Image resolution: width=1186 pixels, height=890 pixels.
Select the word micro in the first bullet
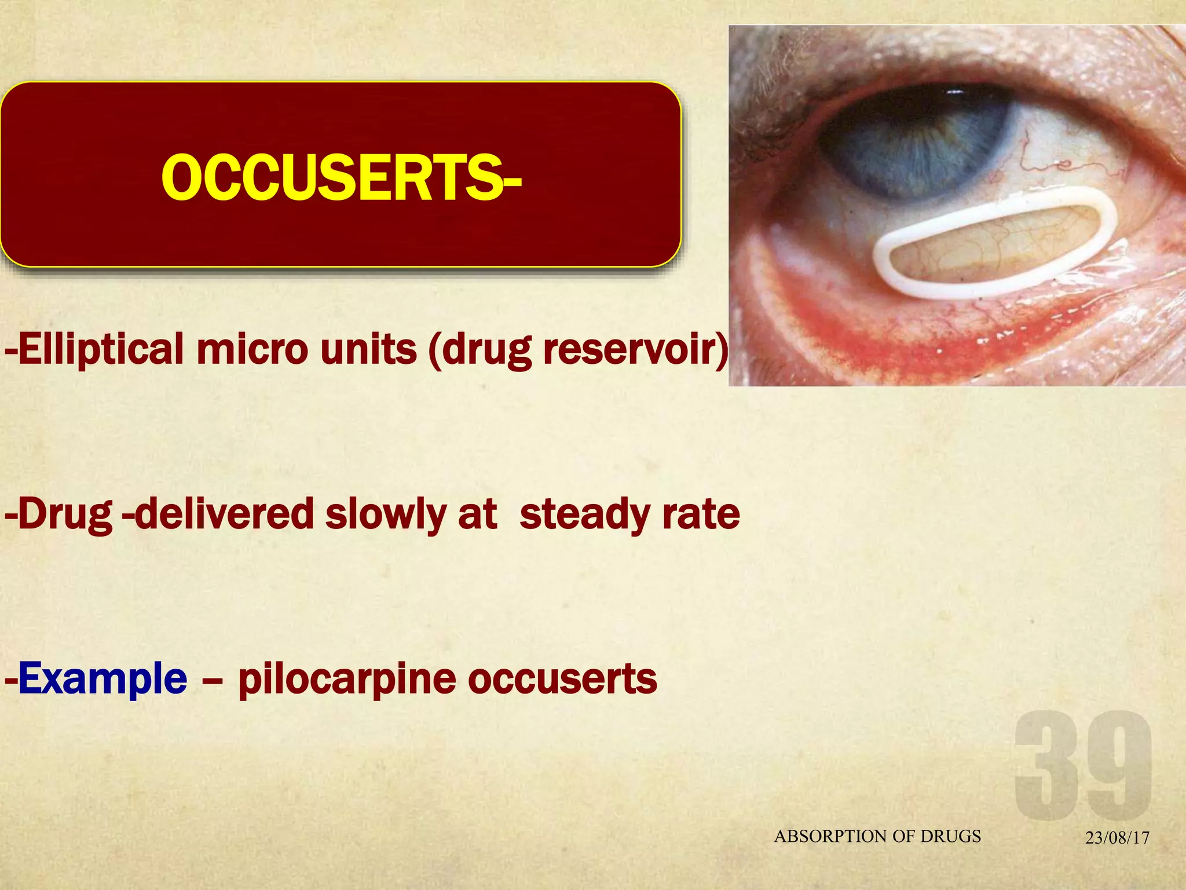[x=252, y=349]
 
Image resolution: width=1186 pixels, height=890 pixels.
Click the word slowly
[x=385, y=515]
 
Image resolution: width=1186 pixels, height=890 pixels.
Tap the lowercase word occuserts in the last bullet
[x=562, y=679]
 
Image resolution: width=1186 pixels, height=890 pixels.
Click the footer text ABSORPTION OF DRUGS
[x=877, y=836]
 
